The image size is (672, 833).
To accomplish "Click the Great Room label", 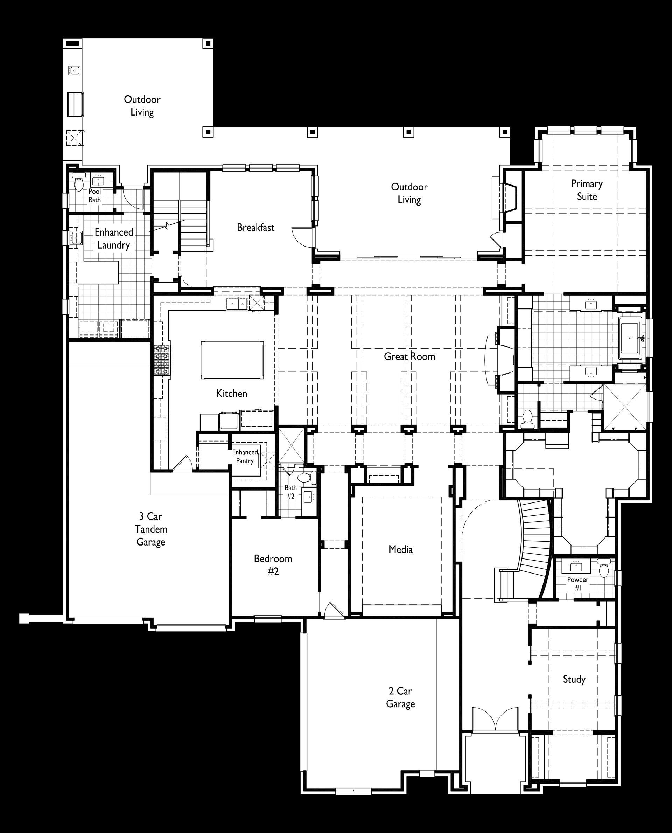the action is [409, 356].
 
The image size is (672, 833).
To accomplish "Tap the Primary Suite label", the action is [587, 190].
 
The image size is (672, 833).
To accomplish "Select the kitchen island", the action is [232, 360].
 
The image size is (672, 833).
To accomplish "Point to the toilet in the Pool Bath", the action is [79, 181].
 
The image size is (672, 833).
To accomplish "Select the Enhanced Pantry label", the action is [245, 457].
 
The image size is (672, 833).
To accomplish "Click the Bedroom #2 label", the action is [273, 565].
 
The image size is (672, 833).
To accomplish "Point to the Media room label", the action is [400, 549].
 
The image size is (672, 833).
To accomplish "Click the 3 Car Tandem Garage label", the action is [151, 529].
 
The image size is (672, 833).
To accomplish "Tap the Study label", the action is [574, 679].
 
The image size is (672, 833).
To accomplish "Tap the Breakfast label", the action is [255, 227].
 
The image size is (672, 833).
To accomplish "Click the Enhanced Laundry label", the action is [114, 238].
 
